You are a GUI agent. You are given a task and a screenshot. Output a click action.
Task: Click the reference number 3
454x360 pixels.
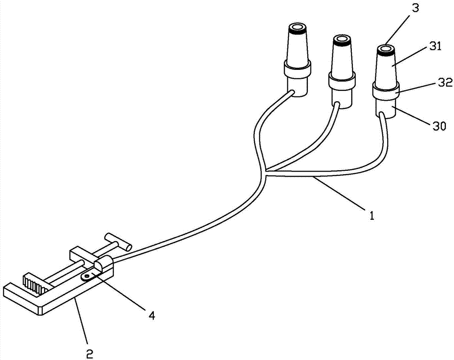415,8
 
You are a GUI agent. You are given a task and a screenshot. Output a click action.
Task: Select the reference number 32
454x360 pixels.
445,83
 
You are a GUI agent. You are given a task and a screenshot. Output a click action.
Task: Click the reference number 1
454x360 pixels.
372,215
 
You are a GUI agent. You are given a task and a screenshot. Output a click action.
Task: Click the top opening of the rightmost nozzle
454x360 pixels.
385,49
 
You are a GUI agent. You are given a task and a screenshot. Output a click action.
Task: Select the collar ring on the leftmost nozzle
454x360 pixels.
297,69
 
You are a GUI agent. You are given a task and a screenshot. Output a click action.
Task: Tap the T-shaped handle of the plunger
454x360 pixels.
118,242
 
